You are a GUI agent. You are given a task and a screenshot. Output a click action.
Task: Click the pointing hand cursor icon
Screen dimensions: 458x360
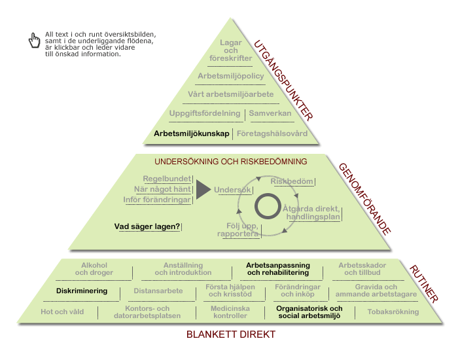pos(34,41)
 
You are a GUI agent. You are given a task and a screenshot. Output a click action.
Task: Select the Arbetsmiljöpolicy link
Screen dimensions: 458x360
pos(231,76)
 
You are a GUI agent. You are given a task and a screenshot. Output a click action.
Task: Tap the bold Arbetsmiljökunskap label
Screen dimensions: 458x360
pos(192,134)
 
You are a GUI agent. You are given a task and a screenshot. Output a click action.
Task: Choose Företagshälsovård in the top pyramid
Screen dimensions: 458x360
pos(272,134)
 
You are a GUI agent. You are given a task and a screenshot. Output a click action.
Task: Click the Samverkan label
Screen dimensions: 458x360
pos(270,113)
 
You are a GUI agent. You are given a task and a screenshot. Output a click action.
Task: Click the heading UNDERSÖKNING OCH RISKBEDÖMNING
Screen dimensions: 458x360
pos(231,162)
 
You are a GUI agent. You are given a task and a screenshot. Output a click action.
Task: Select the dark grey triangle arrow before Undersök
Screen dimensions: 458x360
pos(203,190)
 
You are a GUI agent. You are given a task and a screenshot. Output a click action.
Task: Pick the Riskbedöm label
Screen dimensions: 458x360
pos(292,181)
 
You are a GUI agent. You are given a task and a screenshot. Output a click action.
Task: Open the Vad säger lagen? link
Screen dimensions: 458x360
pos(147,226)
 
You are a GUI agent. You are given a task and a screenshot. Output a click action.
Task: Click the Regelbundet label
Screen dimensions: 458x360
pos(167,179)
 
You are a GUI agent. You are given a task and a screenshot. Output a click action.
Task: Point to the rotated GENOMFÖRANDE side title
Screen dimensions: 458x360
pos(364,199)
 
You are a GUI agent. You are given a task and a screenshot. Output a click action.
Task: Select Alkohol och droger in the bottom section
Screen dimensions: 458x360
pos(94,269)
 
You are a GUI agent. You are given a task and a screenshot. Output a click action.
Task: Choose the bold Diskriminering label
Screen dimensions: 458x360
pos(82,291)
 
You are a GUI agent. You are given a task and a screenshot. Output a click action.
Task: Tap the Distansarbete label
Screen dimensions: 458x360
pos(158,291)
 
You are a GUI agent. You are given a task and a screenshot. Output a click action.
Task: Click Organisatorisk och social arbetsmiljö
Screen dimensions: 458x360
pos(309,312)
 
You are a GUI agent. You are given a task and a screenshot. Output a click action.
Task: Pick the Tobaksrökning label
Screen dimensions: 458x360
pos(393,312)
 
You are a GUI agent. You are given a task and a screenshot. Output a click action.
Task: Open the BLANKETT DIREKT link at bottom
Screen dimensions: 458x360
pos(231,334)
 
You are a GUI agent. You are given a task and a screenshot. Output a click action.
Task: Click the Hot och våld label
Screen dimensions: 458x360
pos(62,312)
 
